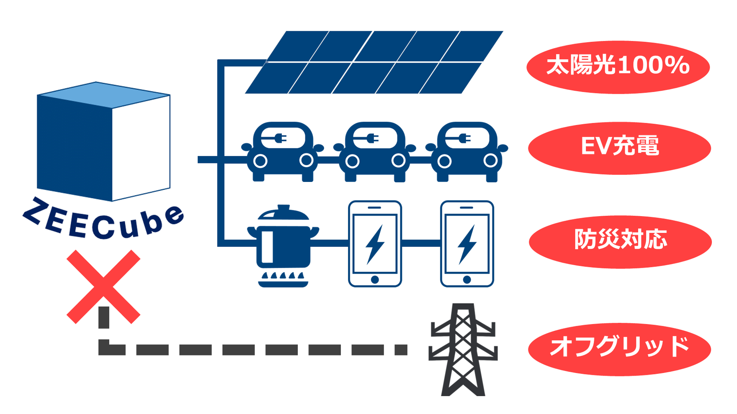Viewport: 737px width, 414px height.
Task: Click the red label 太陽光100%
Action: pos(618,66)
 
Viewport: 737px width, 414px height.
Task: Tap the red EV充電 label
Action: pos(619,148)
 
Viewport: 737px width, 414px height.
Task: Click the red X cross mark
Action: pos(103,287)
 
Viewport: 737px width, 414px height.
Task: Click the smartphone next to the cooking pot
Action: pos(375,244)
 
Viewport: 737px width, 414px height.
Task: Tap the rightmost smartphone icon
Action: pos(467,244)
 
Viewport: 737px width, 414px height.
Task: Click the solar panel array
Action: pos(374,62)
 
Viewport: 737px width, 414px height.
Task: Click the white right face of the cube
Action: pos(141,148)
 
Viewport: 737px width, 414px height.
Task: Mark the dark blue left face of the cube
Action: pos(74,146)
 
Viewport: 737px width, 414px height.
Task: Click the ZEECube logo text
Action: pos(103,222)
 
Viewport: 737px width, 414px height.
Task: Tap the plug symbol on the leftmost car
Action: pos(278,138)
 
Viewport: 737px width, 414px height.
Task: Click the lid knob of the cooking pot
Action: pos(283,208)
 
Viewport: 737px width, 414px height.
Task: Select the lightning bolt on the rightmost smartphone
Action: pos(467,244)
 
